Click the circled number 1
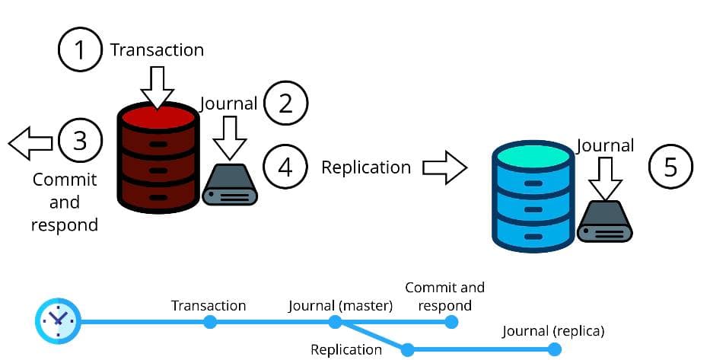[81, 50]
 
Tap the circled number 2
[285, 103]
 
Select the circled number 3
[81, 141]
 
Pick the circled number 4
[285, 167]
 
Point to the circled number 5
[670, 167]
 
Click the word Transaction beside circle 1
[157, 50]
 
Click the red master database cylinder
[158, 159]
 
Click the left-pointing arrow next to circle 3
[30, 142]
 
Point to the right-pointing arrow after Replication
[444, 167]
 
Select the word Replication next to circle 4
[366, 167]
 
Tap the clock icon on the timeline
[57, 320]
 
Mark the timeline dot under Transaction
[210, 322]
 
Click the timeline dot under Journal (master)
[335, 322]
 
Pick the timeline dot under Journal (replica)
[555, 349]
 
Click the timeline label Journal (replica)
[553, 331]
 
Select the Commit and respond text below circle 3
[65, 202]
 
